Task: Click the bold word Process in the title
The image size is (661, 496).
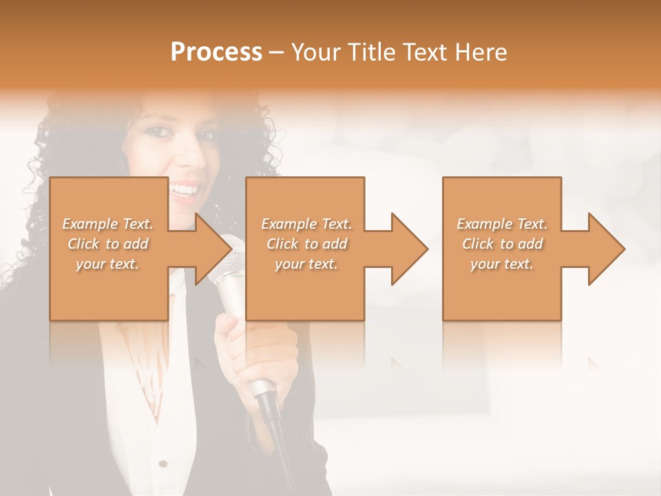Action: pyautogui.click(x=216, y=52)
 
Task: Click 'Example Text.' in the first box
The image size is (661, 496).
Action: pyautogui.click(x=107, y=224)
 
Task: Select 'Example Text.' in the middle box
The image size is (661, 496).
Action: pyautogui.click(x=306, y=224)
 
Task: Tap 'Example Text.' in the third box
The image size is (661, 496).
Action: pyautogui.click(x=502, y=224)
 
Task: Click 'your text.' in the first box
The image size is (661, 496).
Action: pyautogui.click(x=107, y=264)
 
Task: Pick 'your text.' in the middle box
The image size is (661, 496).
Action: pyautogui.click(x=306, y=264)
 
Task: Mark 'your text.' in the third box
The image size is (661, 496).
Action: pyautogui.click(x=502, y=264)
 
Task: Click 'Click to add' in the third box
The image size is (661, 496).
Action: pyautogui.click(x=502, y=244)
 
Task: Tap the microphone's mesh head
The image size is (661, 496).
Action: pyautogui.click(x=230, y=256)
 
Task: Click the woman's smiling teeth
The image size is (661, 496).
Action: pyautogui.click(x=185, y=187)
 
